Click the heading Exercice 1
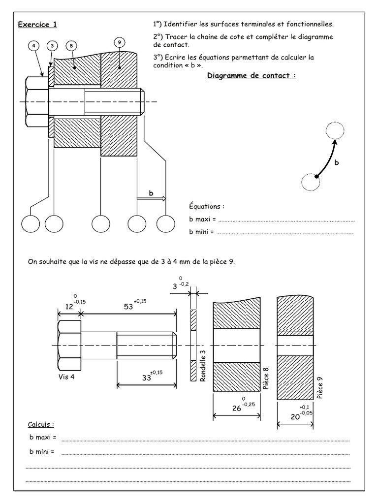point(36,24)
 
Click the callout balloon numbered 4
point(33,46)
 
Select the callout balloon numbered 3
point(53,46)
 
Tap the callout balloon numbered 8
point(71,46)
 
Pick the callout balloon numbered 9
point(119,43)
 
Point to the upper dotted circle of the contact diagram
point(335,131)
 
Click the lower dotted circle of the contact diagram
point(311,182)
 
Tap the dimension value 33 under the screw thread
point(147,378)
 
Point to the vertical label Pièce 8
point(266,377)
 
